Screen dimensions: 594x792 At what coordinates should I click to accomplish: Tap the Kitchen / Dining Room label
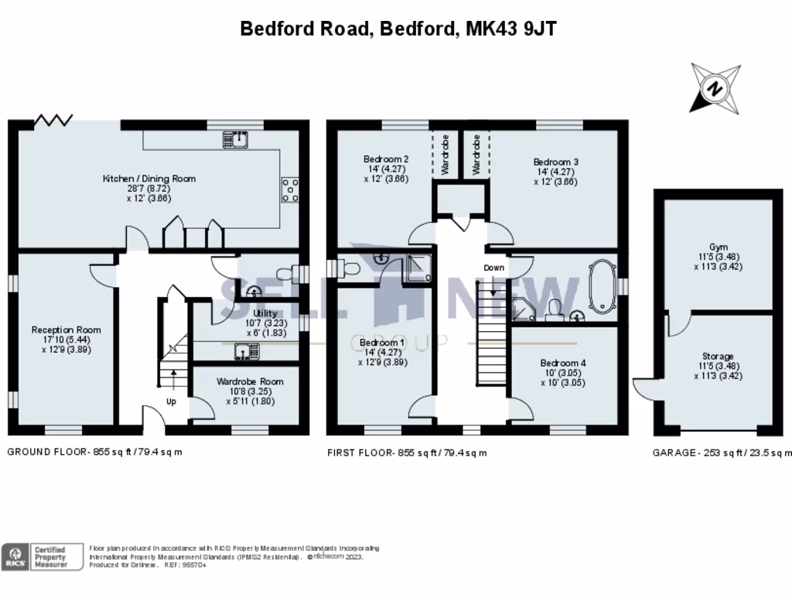point(149,179)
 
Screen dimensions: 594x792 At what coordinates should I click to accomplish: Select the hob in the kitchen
point(292,189)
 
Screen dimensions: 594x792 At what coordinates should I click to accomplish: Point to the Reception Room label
point(66,330)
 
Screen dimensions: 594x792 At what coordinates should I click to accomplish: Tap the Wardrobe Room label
point(250,381)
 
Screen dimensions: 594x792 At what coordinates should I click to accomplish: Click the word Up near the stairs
point(171,401)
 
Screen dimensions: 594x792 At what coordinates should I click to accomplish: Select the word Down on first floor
point(494,268)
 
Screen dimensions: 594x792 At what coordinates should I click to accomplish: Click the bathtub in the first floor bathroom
point(602,283)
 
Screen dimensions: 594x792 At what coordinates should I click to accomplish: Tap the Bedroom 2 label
point(386,159)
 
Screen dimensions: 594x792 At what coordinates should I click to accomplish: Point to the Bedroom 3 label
point(555,162)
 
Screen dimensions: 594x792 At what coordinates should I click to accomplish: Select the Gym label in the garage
point(719,247)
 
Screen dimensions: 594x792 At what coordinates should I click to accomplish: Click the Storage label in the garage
point(719,357)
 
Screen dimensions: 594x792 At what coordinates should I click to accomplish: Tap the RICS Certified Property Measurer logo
point(43,556)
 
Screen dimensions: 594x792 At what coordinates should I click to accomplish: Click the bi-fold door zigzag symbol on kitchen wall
point(54,120)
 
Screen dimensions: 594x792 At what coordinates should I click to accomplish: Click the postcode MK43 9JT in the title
point(511,29)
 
